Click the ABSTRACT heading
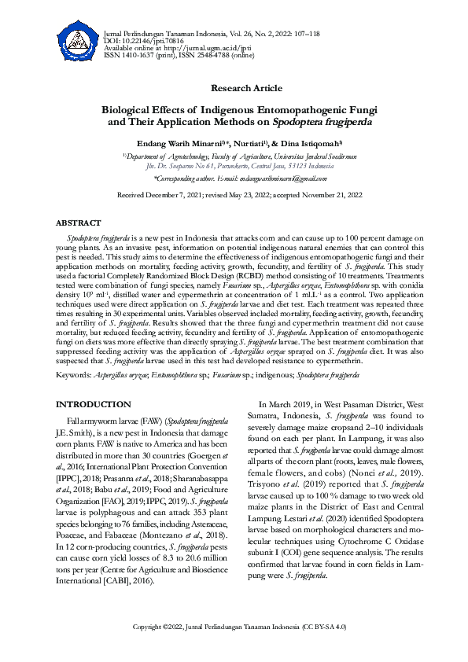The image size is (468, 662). (x=79, y=223)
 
